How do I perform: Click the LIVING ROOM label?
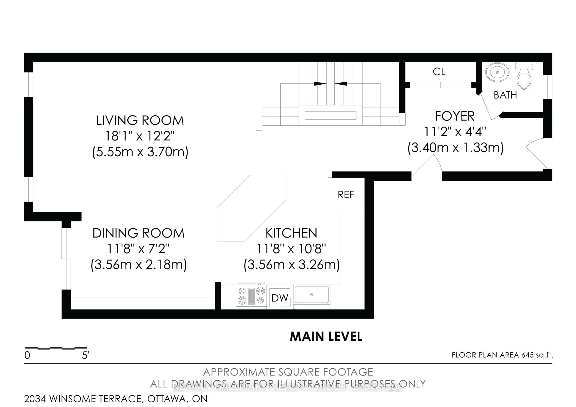pyautogui.click(x=140, y=121)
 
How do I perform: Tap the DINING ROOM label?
pyautogui.click(x=138, y=233)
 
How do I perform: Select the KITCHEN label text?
pyautogui.click(x=291, y=233)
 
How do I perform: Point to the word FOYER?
pyautogui.click(x=455, y=116)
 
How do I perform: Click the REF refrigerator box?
pyautogui.click(x=346, y=195)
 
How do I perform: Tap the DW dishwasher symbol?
pyautogui.click(x=280, y=298)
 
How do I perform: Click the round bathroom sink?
pyautogui.click(x=497, y=72)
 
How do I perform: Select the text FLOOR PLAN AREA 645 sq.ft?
pyautogui.click(x=502, y=355)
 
